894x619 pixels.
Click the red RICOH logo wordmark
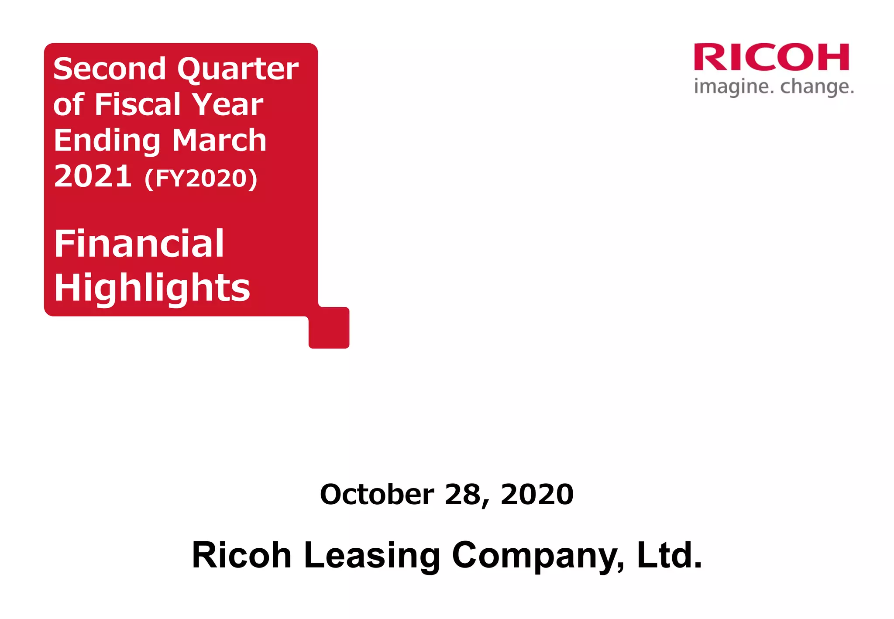pyautogui.click(x=771, y=57)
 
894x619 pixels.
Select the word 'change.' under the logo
pyautogui.click(x=817, y=86)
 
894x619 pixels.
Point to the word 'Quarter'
pyautogui.click(x=238, y=70)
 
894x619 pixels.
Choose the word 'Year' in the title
pyautogui.click(x=227, y=105)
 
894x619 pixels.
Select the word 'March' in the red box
pyautogui.click(x=219, y=140)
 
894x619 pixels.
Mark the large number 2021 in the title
pyautogui.click(x=93, y=176)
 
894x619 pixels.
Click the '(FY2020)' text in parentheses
pyautogui.click(x=201, y=178)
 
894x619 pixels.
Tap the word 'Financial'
pyautogui.click(x=139, y=244)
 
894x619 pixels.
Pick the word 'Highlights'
pyautogui.click(x=152, y=288)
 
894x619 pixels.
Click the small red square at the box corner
pyautogui.click(x=329, y=328)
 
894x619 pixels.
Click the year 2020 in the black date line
pyautogui.click(x=537, y=494)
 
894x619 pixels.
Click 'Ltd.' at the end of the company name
pyautogui.click(x=670, y=555)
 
